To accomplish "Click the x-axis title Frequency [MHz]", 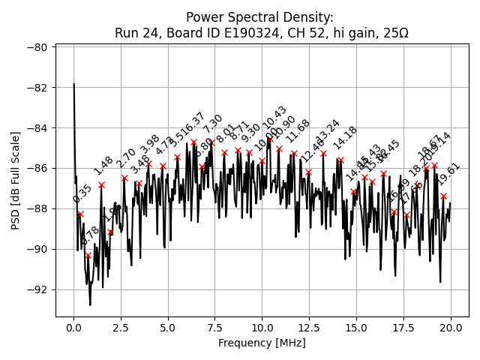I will click(x=262, y=343).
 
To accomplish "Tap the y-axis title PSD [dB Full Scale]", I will click(x=15, y=180).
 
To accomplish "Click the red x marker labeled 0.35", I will click(x=80, y=214).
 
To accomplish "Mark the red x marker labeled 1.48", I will click(x=101, y=184).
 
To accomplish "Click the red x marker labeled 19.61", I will click(x=443, y=196).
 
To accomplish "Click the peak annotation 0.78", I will click(x=90, y=236).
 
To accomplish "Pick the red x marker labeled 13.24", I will click(x=323, y=153).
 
